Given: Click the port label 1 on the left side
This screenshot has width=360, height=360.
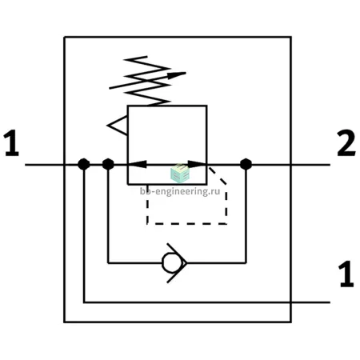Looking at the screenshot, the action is coord(11,143).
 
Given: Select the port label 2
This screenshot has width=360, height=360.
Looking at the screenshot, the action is coord(346,143).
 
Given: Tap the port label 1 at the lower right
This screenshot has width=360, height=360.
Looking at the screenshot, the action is coord(346,274).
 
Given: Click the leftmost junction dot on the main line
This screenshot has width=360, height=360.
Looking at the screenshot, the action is coord(84,164).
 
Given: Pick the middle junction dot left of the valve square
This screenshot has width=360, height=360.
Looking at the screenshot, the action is coord(108,164).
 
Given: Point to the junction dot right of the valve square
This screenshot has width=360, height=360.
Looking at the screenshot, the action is coord(246,164).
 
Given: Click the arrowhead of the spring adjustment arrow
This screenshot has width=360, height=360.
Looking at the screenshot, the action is coord(177,75).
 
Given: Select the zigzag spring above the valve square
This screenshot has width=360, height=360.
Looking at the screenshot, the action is coord(147,81).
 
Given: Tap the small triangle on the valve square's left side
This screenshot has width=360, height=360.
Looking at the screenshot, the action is coord(118,126).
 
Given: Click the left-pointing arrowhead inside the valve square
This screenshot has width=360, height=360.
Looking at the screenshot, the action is coord(138,164).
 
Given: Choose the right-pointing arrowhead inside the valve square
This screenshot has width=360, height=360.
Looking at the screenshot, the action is coord(197,164).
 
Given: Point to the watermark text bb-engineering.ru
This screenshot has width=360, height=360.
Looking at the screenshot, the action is coord(180,191).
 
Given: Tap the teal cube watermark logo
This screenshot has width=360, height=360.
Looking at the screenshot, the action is coord(180,174).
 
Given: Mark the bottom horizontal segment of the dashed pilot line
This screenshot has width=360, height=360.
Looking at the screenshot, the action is coord(186,224).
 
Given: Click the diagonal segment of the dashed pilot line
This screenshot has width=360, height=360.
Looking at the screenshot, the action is coord(218,176).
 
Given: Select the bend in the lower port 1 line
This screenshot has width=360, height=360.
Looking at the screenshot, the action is coord(84,302).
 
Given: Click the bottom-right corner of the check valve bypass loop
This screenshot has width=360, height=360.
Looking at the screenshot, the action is coord(246,263).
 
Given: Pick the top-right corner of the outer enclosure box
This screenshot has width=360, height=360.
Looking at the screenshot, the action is coord(291,37).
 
